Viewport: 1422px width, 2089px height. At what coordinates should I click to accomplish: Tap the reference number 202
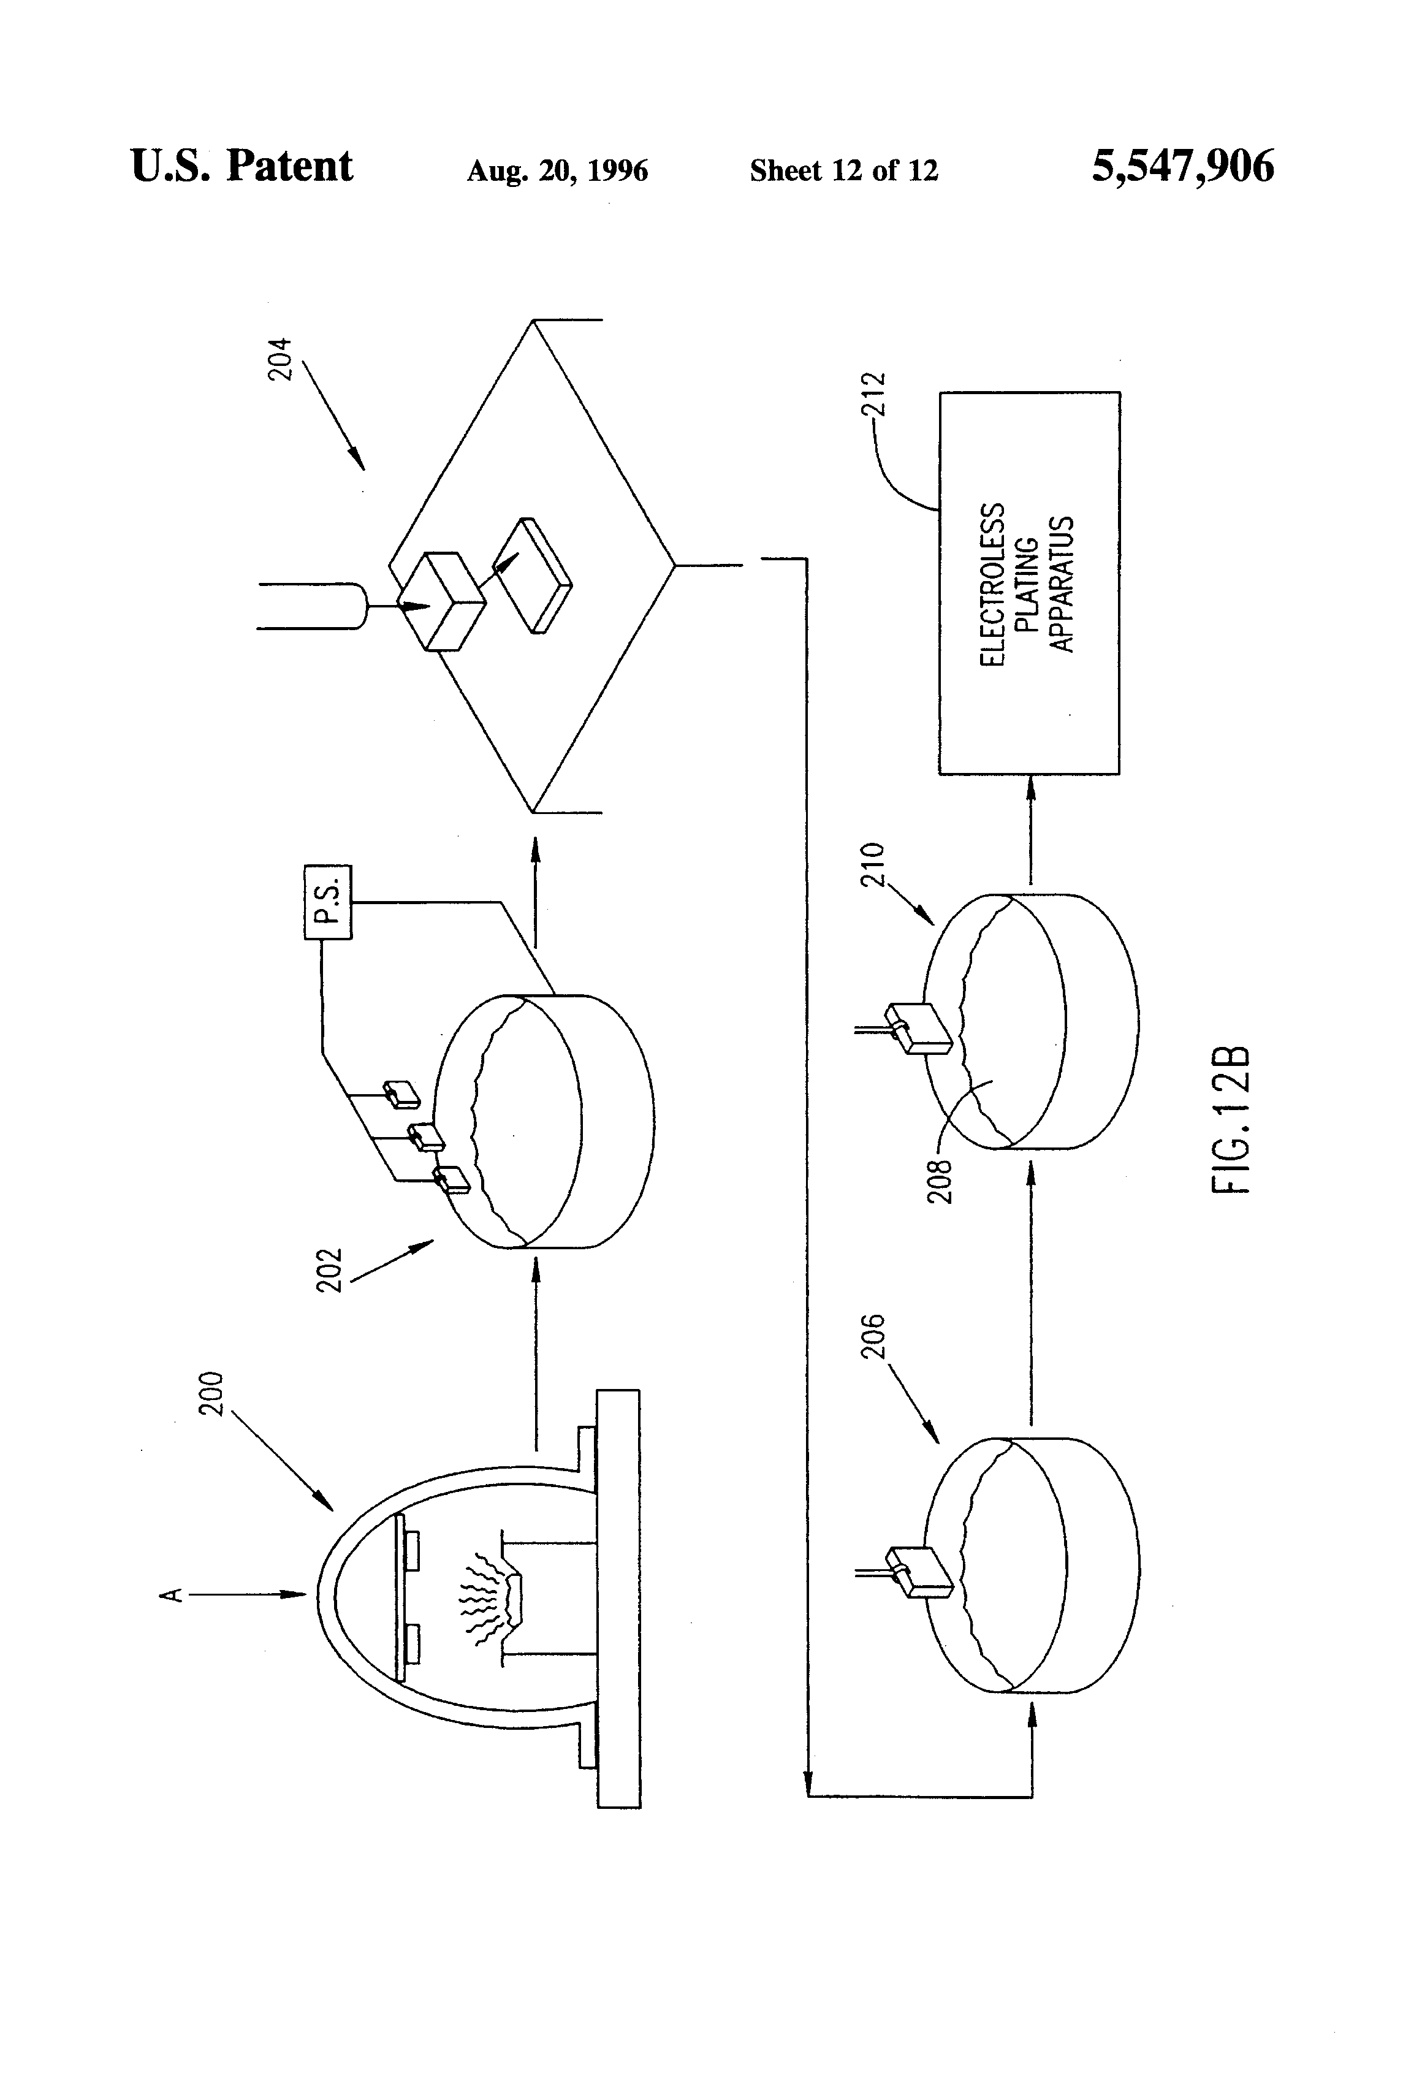330,1269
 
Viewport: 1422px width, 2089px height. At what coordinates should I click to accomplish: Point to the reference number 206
873,1336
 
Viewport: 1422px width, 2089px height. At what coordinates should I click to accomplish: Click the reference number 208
939,1181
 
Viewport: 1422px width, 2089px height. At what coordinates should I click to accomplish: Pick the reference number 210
873,865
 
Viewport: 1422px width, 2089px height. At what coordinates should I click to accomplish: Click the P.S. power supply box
328,902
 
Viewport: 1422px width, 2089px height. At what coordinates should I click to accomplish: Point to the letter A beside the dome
172,1594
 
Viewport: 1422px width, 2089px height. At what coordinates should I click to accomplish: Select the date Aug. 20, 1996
557,170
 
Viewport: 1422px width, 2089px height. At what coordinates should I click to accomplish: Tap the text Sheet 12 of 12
843,170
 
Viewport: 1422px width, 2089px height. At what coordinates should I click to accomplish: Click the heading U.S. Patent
241,166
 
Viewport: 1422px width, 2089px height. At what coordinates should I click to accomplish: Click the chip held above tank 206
919,1571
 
